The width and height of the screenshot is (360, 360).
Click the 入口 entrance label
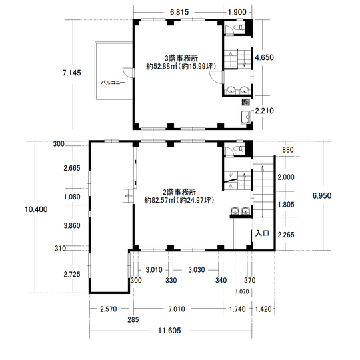[x=262, y=233]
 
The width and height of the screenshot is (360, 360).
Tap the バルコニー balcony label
[x=113, y=83]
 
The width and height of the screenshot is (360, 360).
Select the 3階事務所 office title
[x=181, y=58]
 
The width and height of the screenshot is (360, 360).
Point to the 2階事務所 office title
[x=179, y=192]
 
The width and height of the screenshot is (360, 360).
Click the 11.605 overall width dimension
[x=169, y=331]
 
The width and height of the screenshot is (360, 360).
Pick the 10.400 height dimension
[x=36, y=209]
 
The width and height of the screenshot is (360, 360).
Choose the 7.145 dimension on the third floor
[x=72, y=73]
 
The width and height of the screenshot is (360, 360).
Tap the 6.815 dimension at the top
[x=179, y=12]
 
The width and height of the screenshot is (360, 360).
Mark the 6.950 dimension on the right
[x=322, y=195]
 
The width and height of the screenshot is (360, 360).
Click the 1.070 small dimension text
[x=242, y=292]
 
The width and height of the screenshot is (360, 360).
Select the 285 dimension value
[x=133, y=319]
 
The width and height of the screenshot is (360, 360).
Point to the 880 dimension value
[x=288, y=150]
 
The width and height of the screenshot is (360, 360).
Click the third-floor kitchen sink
[x=246, y=117]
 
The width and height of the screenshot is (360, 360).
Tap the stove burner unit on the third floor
[x=246, y=102]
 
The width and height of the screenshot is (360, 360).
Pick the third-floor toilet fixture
[x=240, y=27]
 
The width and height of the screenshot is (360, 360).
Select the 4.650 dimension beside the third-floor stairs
[x=265, y=57]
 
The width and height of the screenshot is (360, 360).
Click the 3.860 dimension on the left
[x=72, y=225]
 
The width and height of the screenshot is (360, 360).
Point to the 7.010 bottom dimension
[x=177, y=309]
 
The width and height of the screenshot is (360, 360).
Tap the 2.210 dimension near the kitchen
[x=265, y=111]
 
